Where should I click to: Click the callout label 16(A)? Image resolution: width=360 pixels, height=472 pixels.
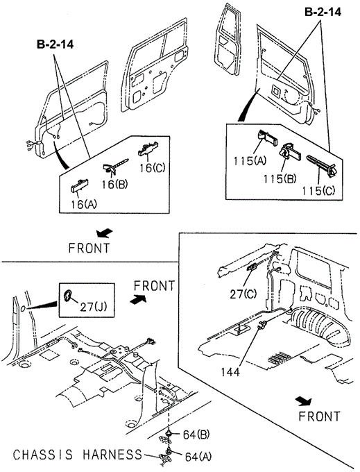point(84,204)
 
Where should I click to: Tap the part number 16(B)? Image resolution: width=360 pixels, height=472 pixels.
point(114,184)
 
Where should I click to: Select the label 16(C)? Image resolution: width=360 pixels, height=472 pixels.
point(153,167)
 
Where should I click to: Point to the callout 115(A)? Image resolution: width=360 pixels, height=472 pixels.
point(250,161)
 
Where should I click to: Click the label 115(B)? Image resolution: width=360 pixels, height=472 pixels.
point(280,179)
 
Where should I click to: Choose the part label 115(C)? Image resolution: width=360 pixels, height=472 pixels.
point(318,191)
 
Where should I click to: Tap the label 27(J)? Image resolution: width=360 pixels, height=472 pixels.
point(94,307)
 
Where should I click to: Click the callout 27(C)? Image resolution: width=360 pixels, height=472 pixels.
point(243,294)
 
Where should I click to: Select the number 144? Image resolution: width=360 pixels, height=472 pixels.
point(231,372)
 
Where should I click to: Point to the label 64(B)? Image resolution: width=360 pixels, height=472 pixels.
point(196,435)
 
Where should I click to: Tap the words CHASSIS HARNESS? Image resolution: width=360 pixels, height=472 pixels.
point(77,454)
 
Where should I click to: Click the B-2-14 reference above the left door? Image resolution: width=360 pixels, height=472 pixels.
point(55,44)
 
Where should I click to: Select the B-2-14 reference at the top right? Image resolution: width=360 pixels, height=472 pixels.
point(323,12)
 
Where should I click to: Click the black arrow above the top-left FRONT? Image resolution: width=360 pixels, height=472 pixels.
point(104,233)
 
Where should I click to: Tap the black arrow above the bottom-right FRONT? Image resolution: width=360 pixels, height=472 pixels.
point(303,401)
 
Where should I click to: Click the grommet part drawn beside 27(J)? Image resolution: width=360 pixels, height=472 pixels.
point(68,296)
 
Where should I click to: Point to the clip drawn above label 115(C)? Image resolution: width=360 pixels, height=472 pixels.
point(322,165)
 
